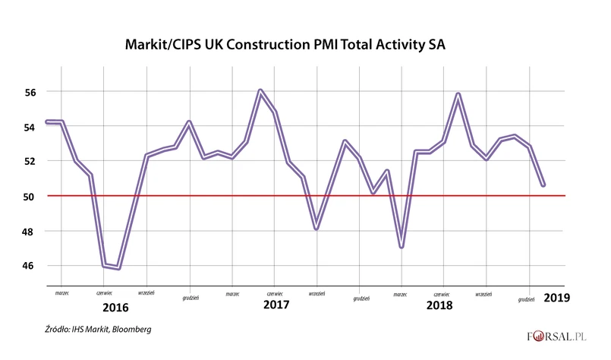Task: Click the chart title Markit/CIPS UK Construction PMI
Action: [x=285, y=45]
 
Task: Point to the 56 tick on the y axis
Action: [x=30, y=91]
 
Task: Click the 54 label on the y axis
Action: [x=30, y=126]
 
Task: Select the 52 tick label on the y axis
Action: [x=30, y=161]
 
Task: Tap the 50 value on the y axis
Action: [x=30, y=196]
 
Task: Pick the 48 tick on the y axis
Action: [x=30, y=231]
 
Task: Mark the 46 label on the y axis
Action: [x=30, y=266]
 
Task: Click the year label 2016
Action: [x=115, y=308]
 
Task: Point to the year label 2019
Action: [x=557, y=298]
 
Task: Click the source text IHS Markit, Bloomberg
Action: [x=97, y=330]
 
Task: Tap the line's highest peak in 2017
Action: [x=260, y=91]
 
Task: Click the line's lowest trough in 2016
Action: [x=119, y=267]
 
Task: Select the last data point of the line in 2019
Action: [x=543, y=185]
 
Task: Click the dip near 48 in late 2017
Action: [x=316, y=228]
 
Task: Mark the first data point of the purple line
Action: [x=47, y=122]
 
